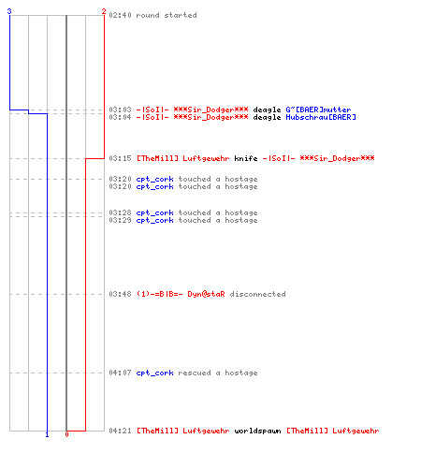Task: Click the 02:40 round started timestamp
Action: click(120, 15)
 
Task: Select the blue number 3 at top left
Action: click(9, 11)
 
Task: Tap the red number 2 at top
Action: click(104, 11)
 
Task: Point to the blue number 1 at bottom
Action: click(47, 434)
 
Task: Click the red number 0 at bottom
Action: click(66, 434)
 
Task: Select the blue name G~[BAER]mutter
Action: click(318, 110)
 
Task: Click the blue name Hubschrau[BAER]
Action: click(321, 117)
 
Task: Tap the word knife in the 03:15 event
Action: click(246, 158)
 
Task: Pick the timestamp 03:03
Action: click(120, 110)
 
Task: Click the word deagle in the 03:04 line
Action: click(267, 117)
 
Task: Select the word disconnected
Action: click(257, 294)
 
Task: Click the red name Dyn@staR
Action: click(206, 294)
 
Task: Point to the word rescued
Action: click(195, 373)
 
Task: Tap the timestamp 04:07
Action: click(120, 373)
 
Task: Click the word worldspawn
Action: click(257, 431)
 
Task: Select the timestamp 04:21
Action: click(120, 431)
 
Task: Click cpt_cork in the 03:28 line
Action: click(154, 212)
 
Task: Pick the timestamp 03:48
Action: click(120, 294)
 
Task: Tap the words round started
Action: click(167, 15)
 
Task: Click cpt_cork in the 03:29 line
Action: click(154, 220)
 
